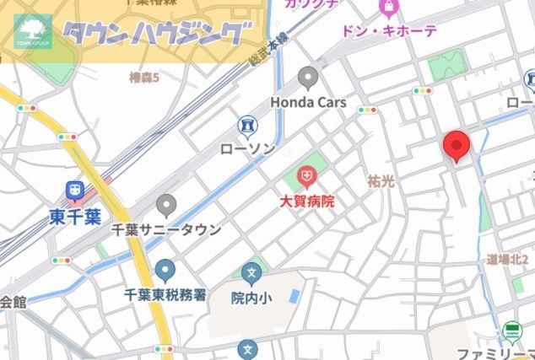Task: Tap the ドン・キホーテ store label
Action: click(389, 31)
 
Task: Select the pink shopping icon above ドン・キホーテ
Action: click(388, 9)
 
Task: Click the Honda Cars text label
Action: click(309, 101)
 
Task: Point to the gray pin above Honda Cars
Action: click(308, 80)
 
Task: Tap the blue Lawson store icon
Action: click(247, 126)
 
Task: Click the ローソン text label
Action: click(246, 148)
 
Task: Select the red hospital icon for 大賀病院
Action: click(307, 178)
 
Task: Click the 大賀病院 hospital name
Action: click(307, 201)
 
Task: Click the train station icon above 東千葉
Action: click(75, 192)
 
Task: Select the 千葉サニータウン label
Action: click(167, 229)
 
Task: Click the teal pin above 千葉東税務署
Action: click(165, 271)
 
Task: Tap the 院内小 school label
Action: click(251, 298)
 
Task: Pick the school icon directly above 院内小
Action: click(251, 274)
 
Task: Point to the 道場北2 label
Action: click(509, 260)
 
